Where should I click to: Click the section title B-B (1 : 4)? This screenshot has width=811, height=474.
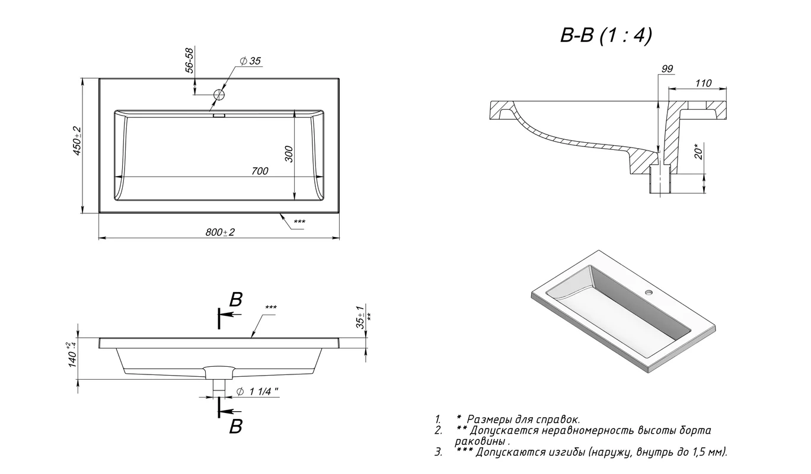(x=606, y=36)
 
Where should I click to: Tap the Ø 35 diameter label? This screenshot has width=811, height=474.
(x=251, y=61)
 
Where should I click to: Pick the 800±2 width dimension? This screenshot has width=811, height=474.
(x=221, y=232)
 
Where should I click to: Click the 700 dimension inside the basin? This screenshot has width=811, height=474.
(x=259, y=171)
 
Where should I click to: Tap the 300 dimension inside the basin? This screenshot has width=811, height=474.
(x=289, y=154)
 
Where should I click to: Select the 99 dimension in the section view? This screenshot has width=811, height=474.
(x=667, y=69)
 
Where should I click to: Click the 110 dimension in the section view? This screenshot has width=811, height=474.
(x=703, y=84)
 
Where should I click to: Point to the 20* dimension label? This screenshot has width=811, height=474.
(x=700, y=152)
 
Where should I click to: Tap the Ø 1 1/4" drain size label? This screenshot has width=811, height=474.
(x=258, y=392)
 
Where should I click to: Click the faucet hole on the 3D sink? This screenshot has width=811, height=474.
(x=650, y=293)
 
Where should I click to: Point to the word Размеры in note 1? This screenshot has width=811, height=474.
(x=489, y=419)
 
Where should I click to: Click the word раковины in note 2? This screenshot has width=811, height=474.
(x=481, y=442)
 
